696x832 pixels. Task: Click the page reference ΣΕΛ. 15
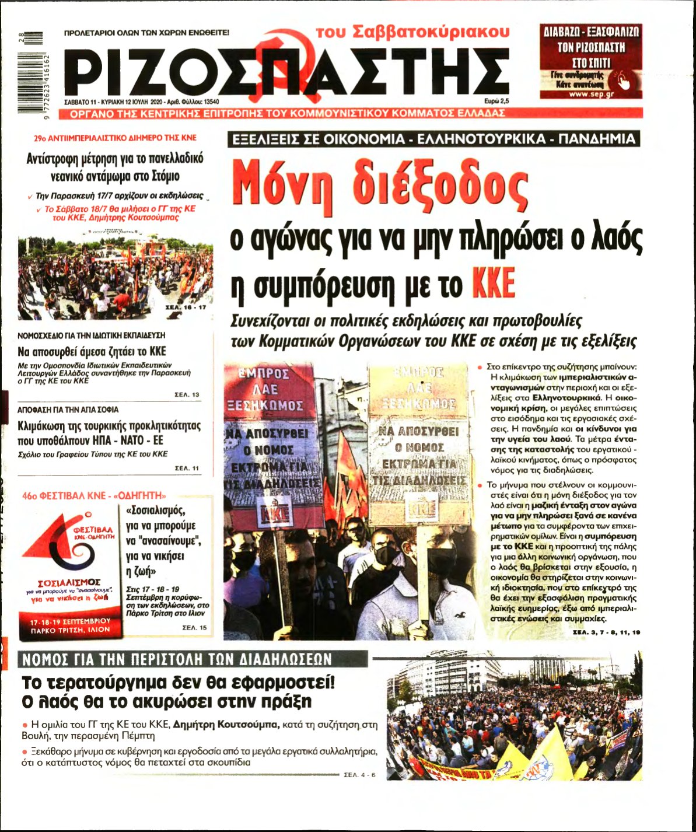coord(195,627)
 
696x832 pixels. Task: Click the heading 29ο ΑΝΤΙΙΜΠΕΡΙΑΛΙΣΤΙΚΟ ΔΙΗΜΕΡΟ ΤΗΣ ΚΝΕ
coord(116,138)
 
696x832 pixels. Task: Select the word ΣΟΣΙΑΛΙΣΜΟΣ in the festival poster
coord(69,582)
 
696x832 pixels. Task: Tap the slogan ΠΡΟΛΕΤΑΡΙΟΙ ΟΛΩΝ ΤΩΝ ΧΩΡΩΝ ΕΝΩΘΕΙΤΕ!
coord(147,34)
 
